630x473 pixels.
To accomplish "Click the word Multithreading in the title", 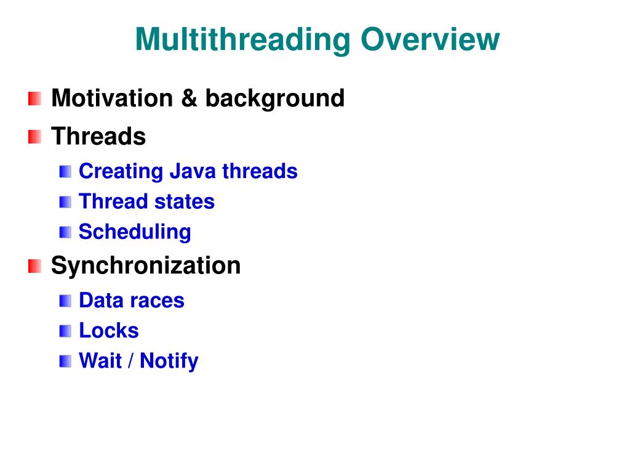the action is click(x=243, y=40).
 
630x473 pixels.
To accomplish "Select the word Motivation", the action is click(x=112, y=98).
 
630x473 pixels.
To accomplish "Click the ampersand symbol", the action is click(x=189, y=98).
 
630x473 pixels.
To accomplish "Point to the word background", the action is click(x=275, y=99).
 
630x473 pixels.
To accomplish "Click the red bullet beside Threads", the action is click(x=35, y=137).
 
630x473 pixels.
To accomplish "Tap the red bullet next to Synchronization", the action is click(x=35, y=266).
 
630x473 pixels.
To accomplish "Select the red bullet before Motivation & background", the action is click(x=35, y=99).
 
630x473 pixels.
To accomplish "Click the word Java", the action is click(x=193, y=171).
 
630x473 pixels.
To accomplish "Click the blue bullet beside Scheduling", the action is click(x=65, y=232).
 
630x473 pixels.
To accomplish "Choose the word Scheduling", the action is click(x=135, y=232).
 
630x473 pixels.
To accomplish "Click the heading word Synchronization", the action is click(x=146, y=265).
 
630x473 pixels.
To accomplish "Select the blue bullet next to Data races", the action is click(x=65, y=301).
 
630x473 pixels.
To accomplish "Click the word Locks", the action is click(x=109, y=331).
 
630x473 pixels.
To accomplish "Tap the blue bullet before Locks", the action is click(x=65, y=331).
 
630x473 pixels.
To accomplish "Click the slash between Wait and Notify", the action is click(x=130, y=361).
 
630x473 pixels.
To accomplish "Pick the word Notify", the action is click(x=169, y=362).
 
